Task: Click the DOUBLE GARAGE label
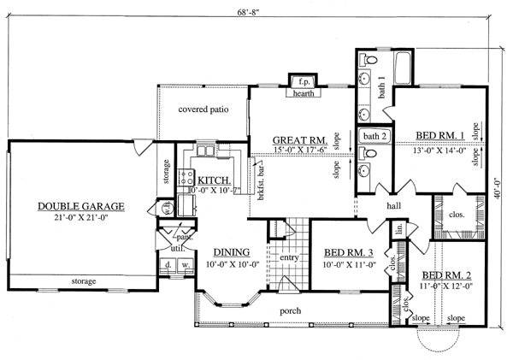coord(82,206)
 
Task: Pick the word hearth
coord(303,94)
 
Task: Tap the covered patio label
coord(202,109)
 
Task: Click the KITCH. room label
coord(212,180)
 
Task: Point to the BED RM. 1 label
coord(439,135)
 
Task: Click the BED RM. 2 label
coord(444,275)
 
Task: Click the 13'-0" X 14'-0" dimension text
coord(439,150)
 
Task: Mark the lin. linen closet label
coord(398,229)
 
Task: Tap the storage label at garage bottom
coord(82,281)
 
